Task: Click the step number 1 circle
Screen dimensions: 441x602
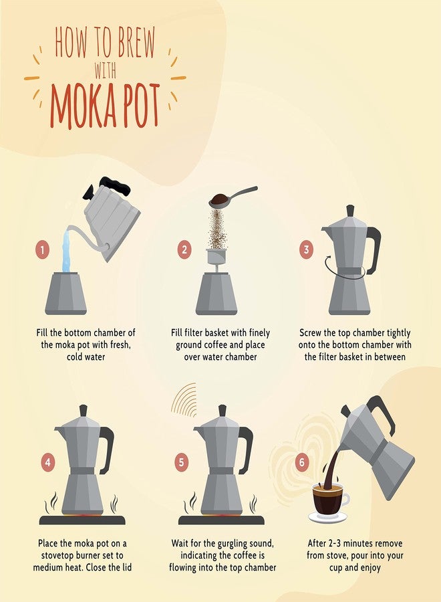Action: point(43,250)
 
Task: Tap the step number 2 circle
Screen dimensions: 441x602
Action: point(184,250)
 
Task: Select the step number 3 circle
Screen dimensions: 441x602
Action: point(307,249)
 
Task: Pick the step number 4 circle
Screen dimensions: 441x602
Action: point(48,462)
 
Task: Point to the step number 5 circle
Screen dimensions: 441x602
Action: point(181,462)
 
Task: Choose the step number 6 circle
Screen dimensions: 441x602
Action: point(302,462)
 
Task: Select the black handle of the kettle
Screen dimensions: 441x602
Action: point(116,185)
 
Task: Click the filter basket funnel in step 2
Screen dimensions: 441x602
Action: point(216,258)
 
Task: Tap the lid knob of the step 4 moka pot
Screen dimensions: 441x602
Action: point(84,411)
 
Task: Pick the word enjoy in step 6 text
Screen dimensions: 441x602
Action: point(370,568)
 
